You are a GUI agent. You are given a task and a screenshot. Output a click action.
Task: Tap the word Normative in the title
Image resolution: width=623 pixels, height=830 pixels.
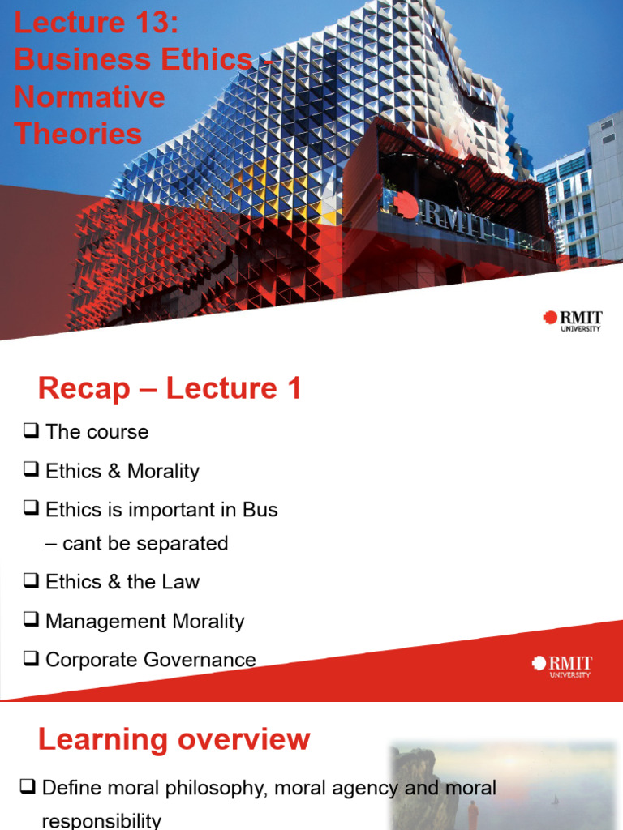point(89,96)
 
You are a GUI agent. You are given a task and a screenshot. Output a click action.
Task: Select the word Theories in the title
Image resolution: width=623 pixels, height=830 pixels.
point(78,134)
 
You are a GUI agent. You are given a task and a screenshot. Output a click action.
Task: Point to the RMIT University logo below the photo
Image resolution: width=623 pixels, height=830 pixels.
point(573,320)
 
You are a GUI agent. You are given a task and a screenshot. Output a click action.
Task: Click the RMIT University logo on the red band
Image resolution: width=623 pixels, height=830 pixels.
point(562,665)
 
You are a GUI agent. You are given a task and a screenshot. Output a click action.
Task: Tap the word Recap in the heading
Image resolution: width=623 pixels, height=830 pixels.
point(84,389)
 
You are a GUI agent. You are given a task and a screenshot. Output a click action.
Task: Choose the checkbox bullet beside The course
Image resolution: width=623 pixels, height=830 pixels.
point(32,431)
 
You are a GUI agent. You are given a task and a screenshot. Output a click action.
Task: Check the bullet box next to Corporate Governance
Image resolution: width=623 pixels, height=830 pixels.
point(32,659)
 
